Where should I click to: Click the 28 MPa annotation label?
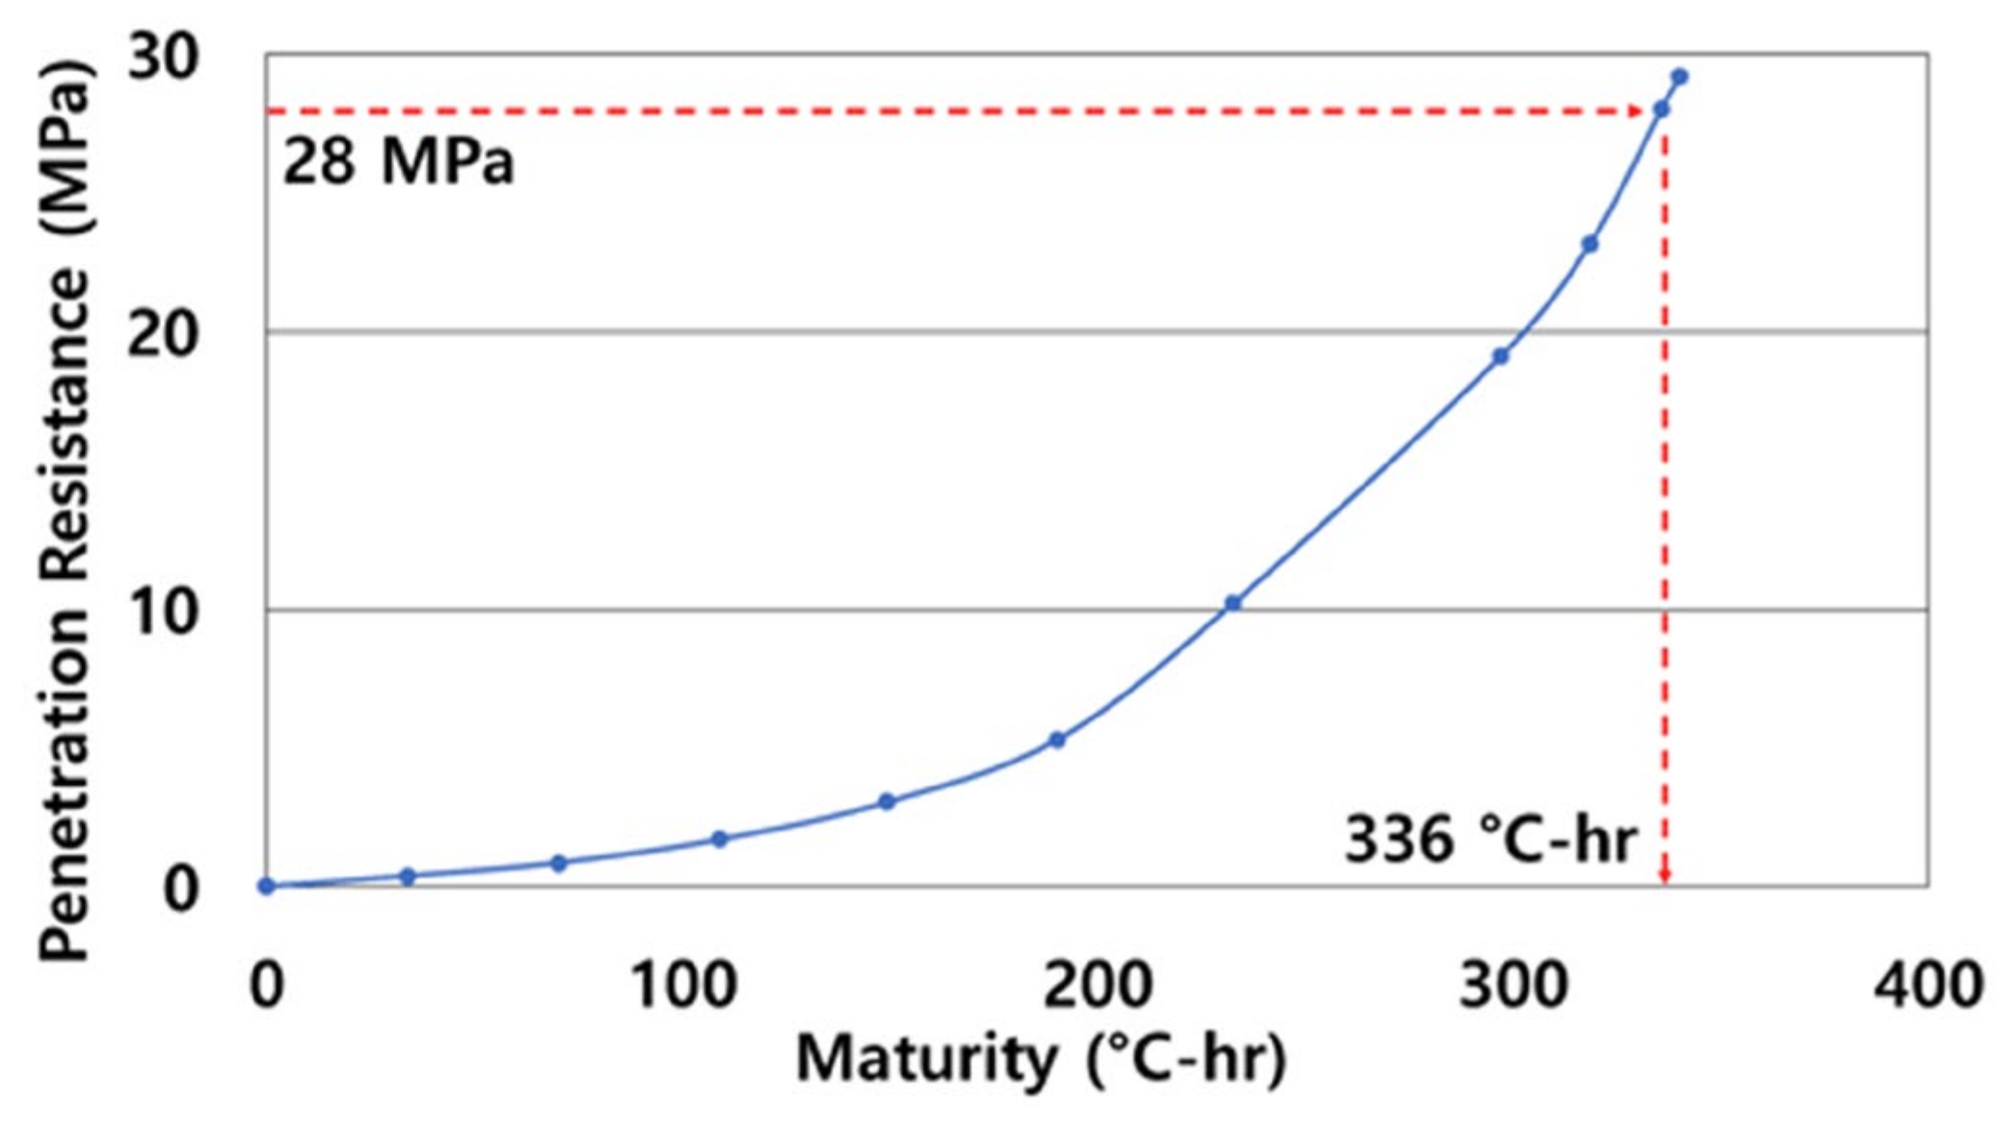[398, 162]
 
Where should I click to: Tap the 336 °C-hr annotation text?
[1490, 839]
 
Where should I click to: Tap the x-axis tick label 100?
[683, 986]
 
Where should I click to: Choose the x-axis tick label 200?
[1099, 986]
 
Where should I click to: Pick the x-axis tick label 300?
[1514, 986]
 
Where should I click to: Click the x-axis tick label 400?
[1928, 986]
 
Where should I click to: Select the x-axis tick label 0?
[267, 986]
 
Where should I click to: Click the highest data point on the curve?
[1680, 77]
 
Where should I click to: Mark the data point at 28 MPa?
[1661, 110]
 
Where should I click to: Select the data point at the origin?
[267, 886]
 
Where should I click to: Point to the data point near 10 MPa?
[1232, 604]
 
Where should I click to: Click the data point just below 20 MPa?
[1500, 357]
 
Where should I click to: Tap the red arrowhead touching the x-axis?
[1665, 877]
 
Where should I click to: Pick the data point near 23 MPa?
[1590, 245]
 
